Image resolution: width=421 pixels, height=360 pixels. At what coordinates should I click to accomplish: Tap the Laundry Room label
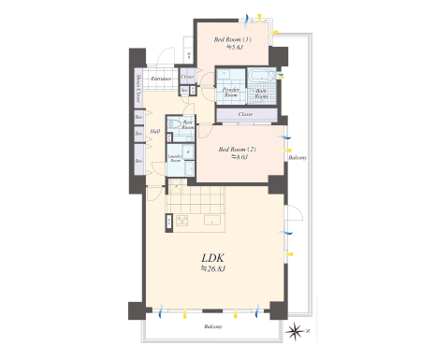pos(174,158)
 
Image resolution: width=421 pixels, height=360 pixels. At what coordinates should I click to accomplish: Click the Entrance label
pos(161,79)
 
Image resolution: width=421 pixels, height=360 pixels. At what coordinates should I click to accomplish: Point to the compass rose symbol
pos(297,330)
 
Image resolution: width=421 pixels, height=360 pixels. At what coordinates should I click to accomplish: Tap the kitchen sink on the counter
pos(212,222)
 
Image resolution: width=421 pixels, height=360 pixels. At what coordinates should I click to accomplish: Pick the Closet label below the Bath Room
pos(245,114)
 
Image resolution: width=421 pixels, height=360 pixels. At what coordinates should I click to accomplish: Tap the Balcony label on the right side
pos(297,158)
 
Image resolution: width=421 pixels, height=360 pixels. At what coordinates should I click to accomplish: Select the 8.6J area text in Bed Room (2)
pos(238,157)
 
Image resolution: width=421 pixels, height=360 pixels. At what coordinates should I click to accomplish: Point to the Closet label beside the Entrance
pos(187,77)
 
